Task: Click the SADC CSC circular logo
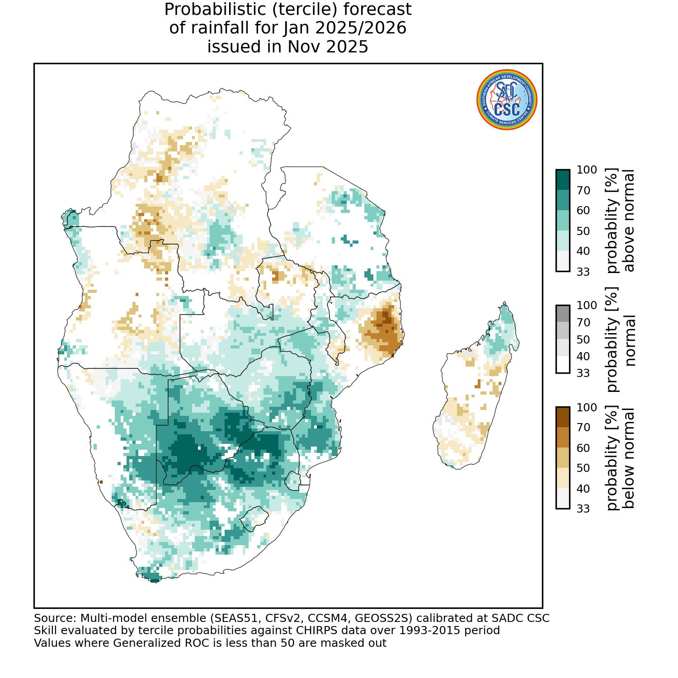507,100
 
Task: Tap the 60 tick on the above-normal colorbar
584,211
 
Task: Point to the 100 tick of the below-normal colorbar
587,408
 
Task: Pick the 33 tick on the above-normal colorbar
584,272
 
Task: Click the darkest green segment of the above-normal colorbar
563,180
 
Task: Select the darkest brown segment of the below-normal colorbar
563,417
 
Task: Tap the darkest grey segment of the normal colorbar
563,314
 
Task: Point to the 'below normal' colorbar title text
629,458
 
